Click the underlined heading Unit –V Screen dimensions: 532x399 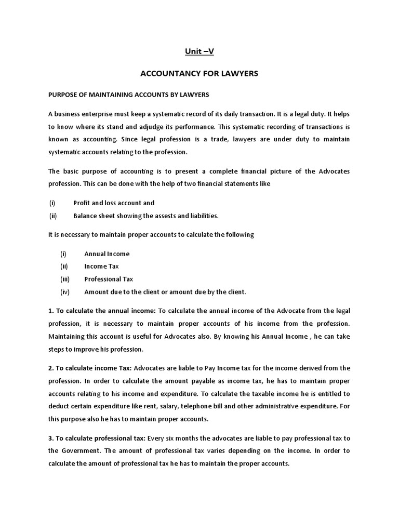(x=199, y=51)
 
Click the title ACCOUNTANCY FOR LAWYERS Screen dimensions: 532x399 (x=199, y=74)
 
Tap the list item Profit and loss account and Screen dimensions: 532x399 (x=114, y=203)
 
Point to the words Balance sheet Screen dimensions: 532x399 (x=92, y=216)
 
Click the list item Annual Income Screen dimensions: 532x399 (x=107, y=254)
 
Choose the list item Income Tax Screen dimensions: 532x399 (x=102, y=267)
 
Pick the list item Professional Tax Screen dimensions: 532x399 (x=109, y=279)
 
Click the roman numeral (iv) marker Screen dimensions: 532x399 (x=65, y=292)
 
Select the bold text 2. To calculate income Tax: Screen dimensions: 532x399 (x=90, y=368)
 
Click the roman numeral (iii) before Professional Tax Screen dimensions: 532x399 (x=65, y=279)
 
